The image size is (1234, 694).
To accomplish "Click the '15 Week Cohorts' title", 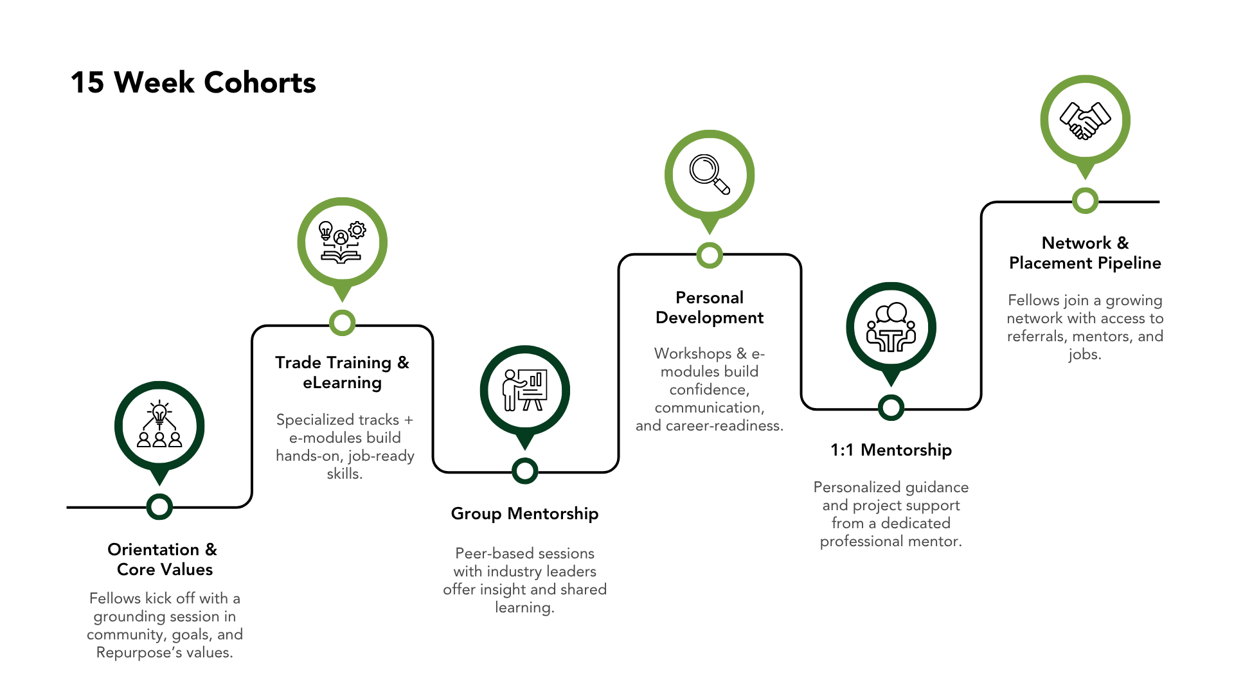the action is (193, 83).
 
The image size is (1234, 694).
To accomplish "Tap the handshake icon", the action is (1085, 120).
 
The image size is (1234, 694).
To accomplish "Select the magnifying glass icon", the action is (710, 174).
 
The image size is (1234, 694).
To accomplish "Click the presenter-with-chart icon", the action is (525, 389).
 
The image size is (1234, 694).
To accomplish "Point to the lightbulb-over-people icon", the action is (159, 424).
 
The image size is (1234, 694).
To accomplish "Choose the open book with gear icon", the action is (342, 242).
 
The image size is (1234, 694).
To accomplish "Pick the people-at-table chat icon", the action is (891, 327).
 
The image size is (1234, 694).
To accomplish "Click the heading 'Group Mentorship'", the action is (524, 513).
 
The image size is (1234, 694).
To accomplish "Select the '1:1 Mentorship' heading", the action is (891, 450).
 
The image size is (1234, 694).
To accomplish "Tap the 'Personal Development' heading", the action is (710, 307).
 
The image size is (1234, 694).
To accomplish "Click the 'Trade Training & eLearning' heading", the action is (342, 372).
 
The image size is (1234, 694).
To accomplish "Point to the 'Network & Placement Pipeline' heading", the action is (1085, 253).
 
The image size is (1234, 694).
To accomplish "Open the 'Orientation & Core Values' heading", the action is (163, 559).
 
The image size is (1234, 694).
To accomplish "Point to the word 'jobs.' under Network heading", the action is (1085, 355).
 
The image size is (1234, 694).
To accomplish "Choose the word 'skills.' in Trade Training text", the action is (344, 474).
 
